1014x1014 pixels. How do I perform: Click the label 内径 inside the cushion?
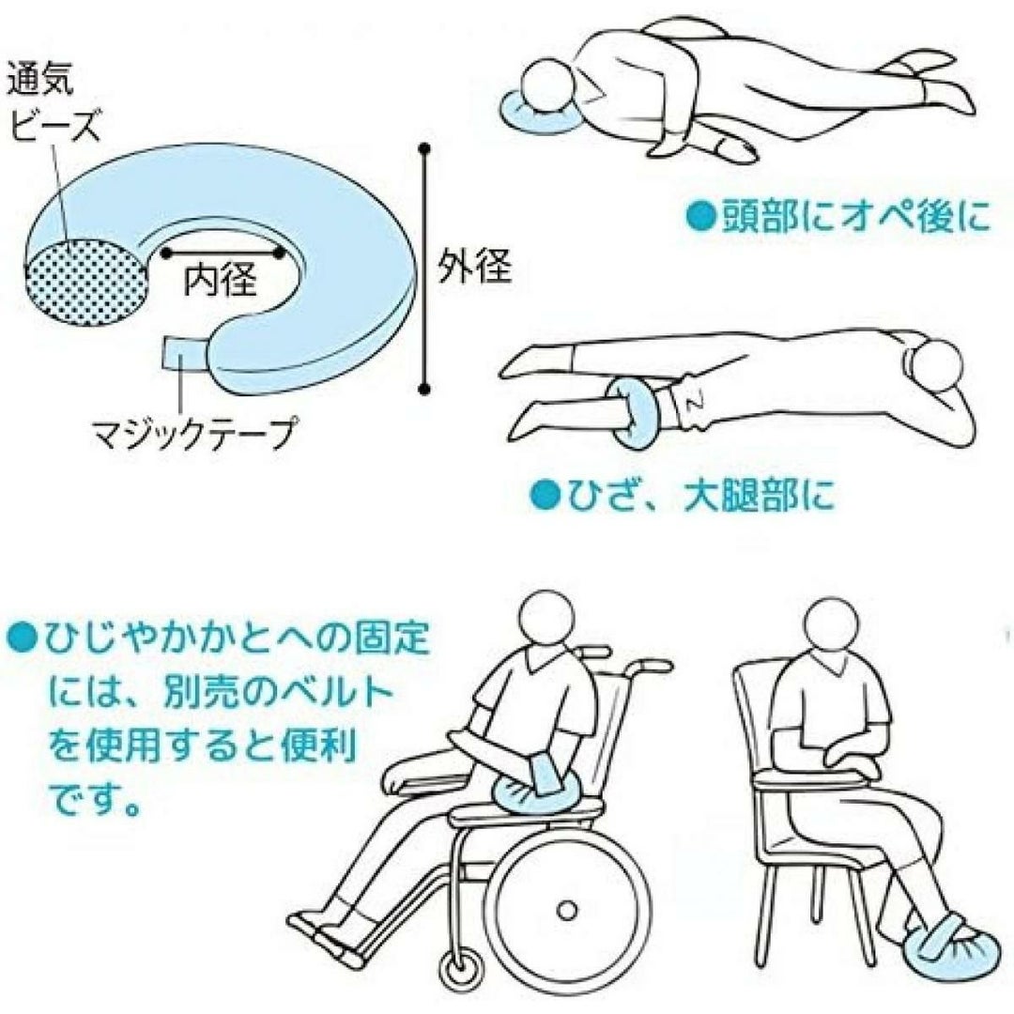(x=221, y=280)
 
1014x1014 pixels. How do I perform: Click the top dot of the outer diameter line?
(x=424, y=149)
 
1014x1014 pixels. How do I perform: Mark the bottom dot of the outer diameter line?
(x=424, y=389)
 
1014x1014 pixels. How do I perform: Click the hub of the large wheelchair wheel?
(x=566, y=910)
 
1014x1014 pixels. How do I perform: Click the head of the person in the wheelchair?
(x=547, y=618)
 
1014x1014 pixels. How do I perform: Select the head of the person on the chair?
(x=829, y=624)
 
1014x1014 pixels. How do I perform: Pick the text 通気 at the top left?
(x=40, y=80)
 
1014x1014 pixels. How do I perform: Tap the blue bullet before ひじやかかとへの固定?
(x=20, y=639)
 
